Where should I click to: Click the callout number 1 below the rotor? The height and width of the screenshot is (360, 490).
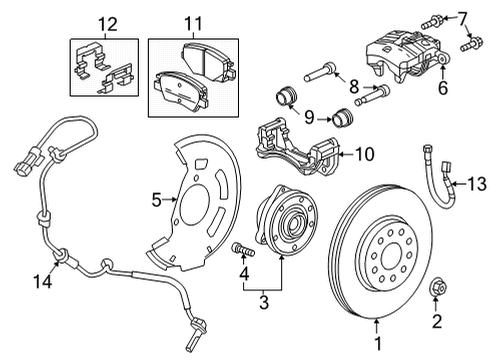376,350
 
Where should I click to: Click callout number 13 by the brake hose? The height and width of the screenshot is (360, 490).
474,182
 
